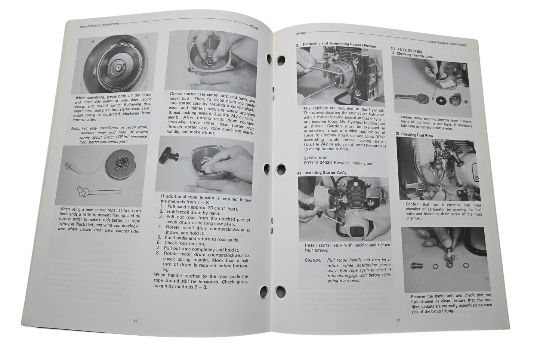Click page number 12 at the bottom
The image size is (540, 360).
[x=135, y=320]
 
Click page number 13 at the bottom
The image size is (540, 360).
[x=398, y=320]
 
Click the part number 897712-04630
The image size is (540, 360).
[x=320, y=163]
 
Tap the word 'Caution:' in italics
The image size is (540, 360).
[x=313, y=260]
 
